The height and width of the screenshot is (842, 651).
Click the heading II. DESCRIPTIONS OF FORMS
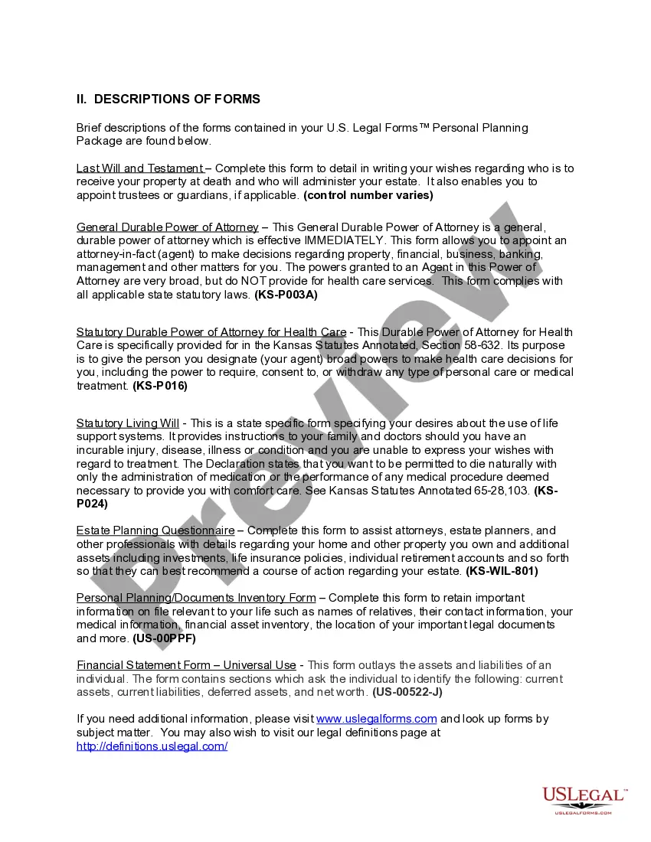point(168,100)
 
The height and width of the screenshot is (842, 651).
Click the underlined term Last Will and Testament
point(139,168)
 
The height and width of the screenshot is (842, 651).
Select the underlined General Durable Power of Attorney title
point(167,227)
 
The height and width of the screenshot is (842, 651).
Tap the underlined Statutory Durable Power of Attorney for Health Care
point(211,332)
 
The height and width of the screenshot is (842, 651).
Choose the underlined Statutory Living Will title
point(127,423)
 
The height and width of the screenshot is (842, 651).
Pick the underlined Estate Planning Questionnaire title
point(155,530)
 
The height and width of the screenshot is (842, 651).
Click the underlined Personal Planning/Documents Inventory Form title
point(195,598)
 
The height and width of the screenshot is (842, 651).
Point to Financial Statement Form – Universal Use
point(185,665)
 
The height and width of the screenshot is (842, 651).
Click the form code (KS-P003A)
point(286,295)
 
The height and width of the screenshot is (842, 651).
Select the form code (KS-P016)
point(160,387)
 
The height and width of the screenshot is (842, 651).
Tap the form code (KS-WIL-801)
point(502,571)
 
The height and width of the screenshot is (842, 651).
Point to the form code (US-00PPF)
point(164,638)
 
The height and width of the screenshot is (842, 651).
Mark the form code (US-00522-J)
point(407,692)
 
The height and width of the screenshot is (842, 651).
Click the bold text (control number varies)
point(368,195)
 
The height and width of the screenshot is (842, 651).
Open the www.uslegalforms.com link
point(376,719)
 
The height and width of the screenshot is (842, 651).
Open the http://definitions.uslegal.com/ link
point(152,746)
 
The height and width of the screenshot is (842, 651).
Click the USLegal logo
point(584,800)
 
